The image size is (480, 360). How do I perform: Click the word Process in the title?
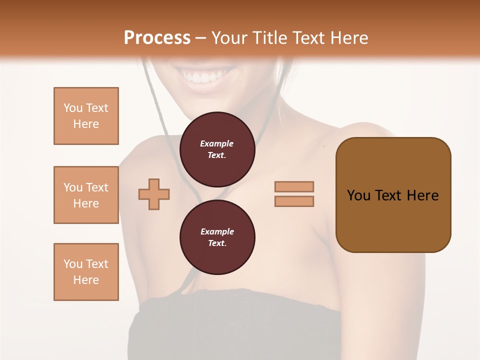pyautogui.click(x=157, y=37)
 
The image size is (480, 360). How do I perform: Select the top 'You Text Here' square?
pyautogui.click(x=86, y=116)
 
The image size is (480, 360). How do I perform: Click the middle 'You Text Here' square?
pyautogui.click(x=86, y=195)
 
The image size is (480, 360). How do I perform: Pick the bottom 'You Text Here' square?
pyautogui.click(x=86, y=272)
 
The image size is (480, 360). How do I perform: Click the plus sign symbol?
pyautogui.click(x=154, y=194)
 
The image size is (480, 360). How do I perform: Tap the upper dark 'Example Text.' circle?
pyautogui.click(x=217, y=149)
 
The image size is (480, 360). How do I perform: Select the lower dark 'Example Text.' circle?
pyautogui.click(x=217, y=237)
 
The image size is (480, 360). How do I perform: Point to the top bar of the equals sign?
pyautogui.click(x=294, y=186)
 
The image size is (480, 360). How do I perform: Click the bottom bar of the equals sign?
pyautogui.click(x=294, y=201)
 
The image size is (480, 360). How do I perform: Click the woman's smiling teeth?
pyautogui.click(x=203, y=78)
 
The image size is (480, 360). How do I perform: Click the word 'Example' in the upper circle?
pyautogui.click(x=217, y=143)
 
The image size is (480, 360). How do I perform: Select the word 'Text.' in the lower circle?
pyautogui.click(x=217, y=243)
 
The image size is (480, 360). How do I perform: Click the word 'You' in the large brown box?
pyautogui.click(x=359, y=195)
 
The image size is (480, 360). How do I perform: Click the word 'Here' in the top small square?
pyautogui.click(x=86, y=124)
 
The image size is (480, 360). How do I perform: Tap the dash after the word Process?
pyautogui.click(x=200, y=38)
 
